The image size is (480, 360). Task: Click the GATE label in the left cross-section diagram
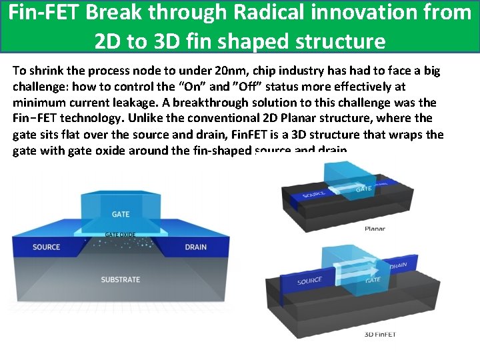121,214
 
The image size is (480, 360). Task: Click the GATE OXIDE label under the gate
121,235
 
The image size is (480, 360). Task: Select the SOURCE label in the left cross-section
46,247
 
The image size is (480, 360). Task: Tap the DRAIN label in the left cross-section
195,247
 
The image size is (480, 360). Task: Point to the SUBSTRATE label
121,279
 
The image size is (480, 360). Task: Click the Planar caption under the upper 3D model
375,229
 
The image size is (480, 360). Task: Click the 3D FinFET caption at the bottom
379,334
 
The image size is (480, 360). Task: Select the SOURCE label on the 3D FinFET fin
310,281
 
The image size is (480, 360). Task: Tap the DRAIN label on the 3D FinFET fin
399,265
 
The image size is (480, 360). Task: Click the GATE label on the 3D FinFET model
373,280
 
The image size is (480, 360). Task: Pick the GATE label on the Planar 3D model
364,189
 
